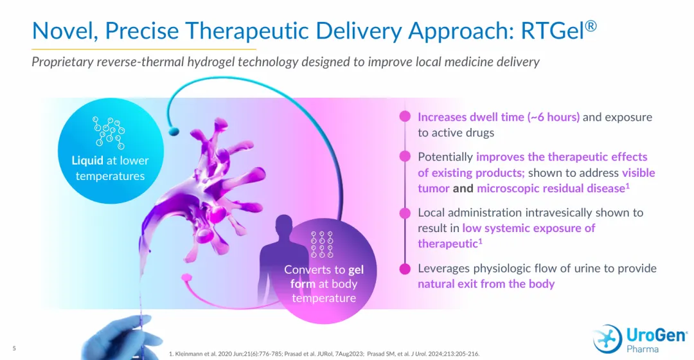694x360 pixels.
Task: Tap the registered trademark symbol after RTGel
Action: (591, 26)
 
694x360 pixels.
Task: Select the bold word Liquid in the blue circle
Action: (87, 160)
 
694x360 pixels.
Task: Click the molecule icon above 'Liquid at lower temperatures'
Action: (109, 132)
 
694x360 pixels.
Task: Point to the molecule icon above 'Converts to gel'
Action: (322, 244)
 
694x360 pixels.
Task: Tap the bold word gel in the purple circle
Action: (356, 269)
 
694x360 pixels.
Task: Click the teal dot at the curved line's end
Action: (174, 131)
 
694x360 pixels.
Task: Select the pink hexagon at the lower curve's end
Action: (187, 278)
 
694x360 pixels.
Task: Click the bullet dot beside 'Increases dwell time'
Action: (405, 116)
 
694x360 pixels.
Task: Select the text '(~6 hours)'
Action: (553, 117)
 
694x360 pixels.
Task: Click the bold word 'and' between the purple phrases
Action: (463, 188)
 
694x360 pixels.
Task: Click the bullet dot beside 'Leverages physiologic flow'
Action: (405, 269)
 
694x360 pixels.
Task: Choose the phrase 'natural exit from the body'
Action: (486, 284)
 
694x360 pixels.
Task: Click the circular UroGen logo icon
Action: (607, 339)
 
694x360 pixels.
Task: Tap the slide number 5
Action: (14, 348)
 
